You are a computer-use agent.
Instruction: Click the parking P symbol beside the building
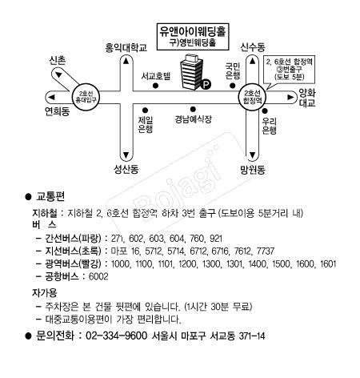tap(206, 85)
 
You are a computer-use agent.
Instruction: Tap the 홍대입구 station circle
tap(86, 97)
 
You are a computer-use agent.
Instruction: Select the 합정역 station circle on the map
tap(252, 97)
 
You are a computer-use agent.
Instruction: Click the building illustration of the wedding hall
tap(191, 71)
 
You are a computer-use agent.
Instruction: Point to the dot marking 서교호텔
tap(155, 86)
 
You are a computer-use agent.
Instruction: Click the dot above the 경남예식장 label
tap(193, 109)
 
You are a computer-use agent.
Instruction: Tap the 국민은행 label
tap(233, 70)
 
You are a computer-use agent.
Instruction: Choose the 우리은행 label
tap(269, 126)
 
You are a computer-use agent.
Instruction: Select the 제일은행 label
tap(146, 124)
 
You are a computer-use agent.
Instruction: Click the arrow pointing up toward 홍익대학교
tap(126, 61)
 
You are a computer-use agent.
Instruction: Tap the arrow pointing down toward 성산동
tap(126, 155)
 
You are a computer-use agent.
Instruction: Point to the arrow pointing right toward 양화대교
tap(290, 97)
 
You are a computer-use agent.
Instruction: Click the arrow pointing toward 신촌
tap(58, 74)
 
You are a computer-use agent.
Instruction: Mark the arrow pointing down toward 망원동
tap(252, 155)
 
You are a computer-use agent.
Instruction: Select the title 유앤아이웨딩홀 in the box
tap(193, 31)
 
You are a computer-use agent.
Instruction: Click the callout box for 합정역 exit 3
tap(290, 70)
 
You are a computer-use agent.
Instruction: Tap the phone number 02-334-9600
tap(117, 336)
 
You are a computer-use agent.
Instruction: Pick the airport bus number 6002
tap(98, 276)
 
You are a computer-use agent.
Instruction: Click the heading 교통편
tap(50, 196)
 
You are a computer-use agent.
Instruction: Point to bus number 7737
tap(266, 251)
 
